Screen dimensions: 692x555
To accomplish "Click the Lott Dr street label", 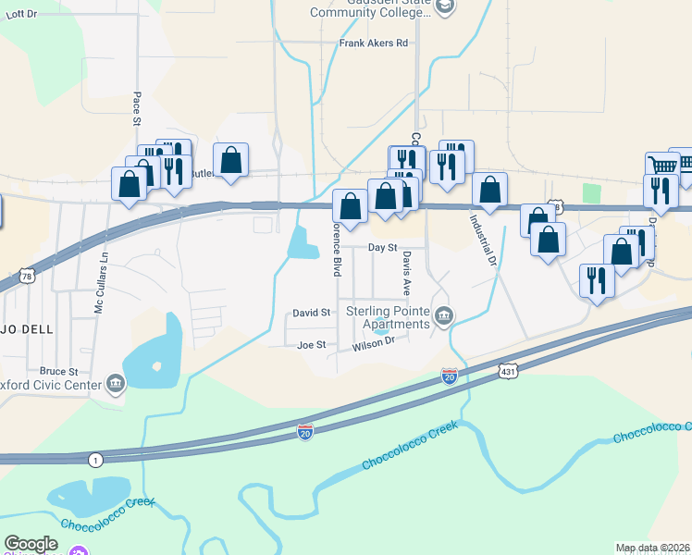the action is click(19, 15).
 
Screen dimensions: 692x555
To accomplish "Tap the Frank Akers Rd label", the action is click(374, 43).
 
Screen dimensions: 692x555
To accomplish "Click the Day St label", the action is click(382, 248).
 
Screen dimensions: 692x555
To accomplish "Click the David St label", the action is click(312, 314).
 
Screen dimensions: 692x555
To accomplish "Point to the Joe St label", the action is click(312, 345).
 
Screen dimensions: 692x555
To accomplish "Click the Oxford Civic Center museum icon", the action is click(116, 383).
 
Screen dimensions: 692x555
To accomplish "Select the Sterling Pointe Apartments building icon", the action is click(445, 317).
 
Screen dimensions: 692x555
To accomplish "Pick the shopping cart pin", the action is click(662, 166).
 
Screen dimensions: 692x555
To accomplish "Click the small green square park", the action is click(591, 191).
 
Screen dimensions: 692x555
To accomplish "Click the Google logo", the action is click(31, 544).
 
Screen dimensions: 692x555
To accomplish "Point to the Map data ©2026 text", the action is click(652, 548).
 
